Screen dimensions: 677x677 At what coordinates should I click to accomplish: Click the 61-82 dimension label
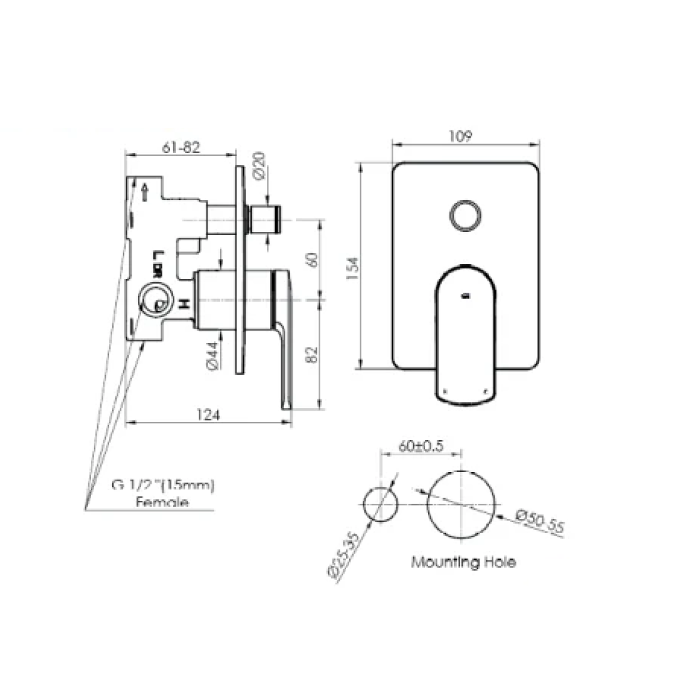point(181,148)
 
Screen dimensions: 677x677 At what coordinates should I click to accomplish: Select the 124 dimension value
point(210,415)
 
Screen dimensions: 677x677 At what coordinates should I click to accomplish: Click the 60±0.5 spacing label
point(421,446)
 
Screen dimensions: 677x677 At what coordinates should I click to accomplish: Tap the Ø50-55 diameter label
point(540,522)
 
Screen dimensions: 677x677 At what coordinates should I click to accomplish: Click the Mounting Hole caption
point(463,562)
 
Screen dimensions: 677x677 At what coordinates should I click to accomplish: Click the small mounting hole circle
point(380,505)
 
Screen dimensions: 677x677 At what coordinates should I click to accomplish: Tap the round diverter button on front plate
point(465,216)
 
